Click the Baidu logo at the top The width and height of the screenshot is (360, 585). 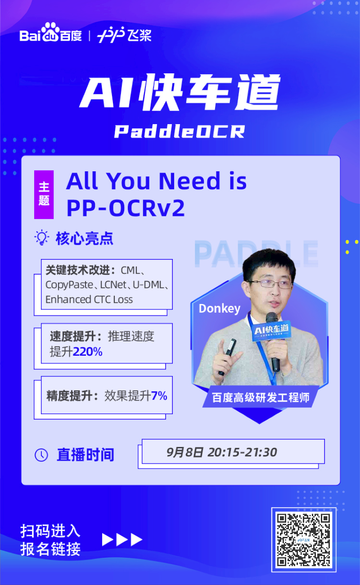pyautogui.click(x=50, y=34)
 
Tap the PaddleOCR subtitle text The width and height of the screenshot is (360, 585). pyautogui.click(x=180, y=131)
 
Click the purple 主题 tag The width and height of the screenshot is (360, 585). pyautogui.click(x=44, y=194)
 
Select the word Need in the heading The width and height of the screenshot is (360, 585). pyautogui.click(x=189, y=181)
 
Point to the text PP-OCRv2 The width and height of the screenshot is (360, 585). pyautogui.click(x=126, y=207)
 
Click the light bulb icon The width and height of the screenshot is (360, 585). pyautogui.click(x=42, y=238)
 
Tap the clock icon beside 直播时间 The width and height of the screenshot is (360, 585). pyautogui.click(x=41, y=455)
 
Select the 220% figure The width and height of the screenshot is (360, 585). pyautogui.click(x=88, y=352)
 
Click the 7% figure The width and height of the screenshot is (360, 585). pyautogui.click(x=159, y=396)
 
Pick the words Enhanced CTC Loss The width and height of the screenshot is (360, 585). pyautogui.click(x=89, y=299)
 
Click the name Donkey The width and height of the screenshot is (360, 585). pyautogui.click(x=220, y=308)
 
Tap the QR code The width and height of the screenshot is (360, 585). pyautogui.click(x=304, y=540)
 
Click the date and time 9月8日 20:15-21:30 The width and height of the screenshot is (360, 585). pyautogui.click(x=221, y=452)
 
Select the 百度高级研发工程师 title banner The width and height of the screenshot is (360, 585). pyautogui.click(x=261, y=397)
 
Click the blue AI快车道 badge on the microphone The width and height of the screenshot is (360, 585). pyautogui.click(x=271, y=330)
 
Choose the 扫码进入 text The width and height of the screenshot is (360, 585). pyautogui.click(x=50, y=531)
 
